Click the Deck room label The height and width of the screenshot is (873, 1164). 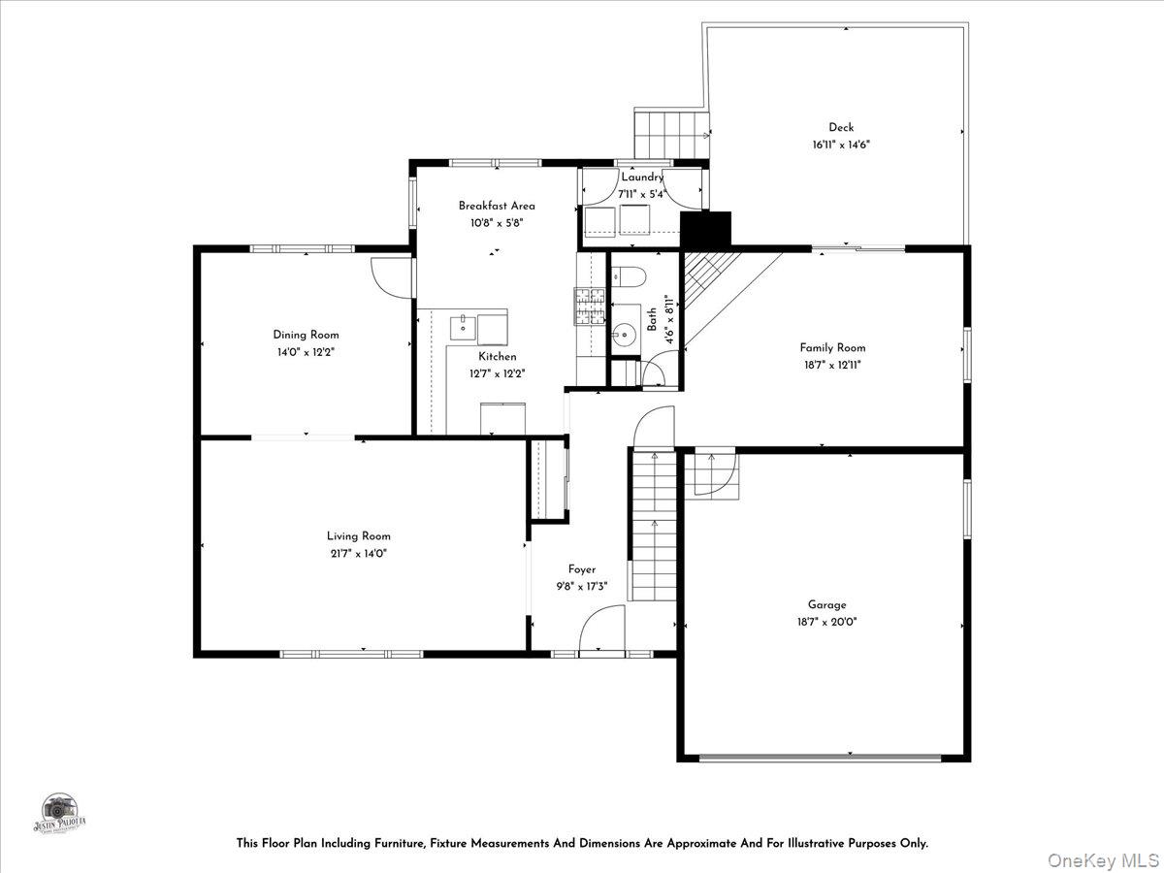840,127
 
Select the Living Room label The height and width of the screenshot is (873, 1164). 358,535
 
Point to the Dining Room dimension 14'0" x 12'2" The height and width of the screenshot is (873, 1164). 306,352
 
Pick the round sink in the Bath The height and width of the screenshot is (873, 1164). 621,336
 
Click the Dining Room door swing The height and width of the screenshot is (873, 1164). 392,276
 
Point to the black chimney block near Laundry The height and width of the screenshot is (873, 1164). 705,230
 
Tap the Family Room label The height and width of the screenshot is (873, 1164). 832,347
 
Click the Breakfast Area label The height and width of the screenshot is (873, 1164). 497,206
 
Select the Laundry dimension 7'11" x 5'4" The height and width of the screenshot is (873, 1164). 642,194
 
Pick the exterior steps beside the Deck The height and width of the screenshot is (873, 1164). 669,130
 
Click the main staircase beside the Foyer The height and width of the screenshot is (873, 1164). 654,529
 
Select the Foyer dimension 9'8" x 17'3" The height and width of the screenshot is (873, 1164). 582,586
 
